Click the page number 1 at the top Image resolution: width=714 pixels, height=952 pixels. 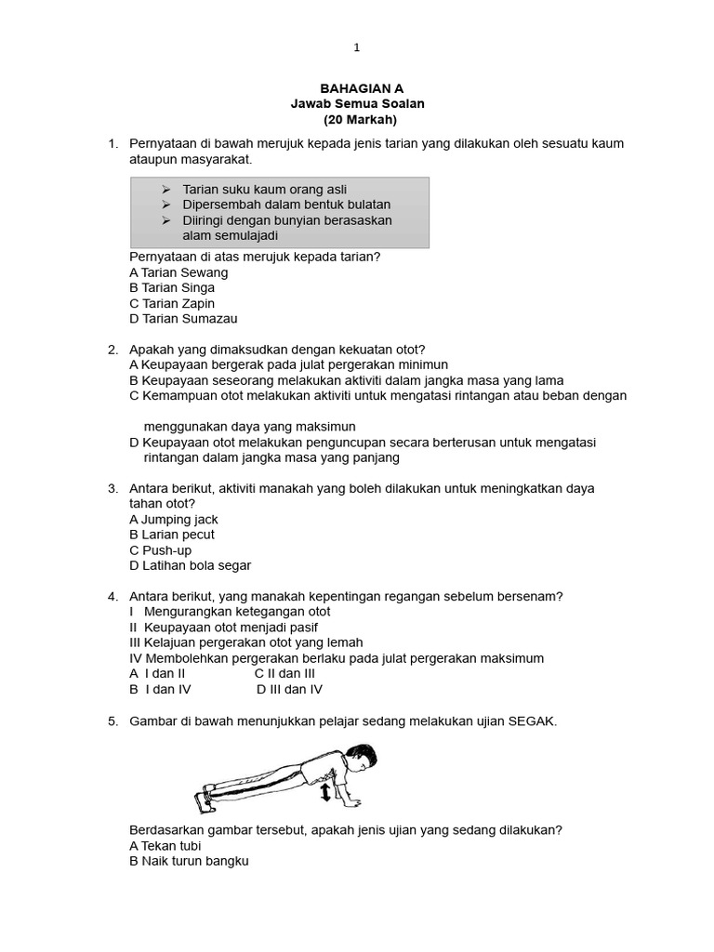pos(356,47)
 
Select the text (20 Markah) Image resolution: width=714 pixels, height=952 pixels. pos(360,120)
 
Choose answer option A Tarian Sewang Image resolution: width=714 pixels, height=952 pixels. pos(178,272)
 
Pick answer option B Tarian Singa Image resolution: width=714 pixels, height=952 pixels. pos(172,288)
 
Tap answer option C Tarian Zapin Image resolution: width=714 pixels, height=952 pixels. pos(172,303)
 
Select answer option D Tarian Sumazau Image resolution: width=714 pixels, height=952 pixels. pos(183,319)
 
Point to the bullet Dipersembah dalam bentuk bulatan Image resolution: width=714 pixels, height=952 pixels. pos(285,205)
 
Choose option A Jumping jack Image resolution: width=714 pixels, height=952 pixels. pos(174,520)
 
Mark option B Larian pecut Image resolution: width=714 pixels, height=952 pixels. pos(172,535)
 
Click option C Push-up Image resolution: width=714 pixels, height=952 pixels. pos(161,550)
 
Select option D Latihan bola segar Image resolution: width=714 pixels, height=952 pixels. pos(191,565)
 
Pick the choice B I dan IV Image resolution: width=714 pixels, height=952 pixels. pos(160,689)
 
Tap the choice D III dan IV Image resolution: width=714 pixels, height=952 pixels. pos(289,689)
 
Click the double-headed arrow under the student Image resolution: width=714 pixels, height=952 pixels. pos(324,792)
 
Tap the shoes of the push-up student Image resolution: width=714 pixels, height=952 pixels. pos(205,796)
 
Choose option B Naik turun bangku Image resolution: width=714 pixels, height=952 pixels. pos(190,862)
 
